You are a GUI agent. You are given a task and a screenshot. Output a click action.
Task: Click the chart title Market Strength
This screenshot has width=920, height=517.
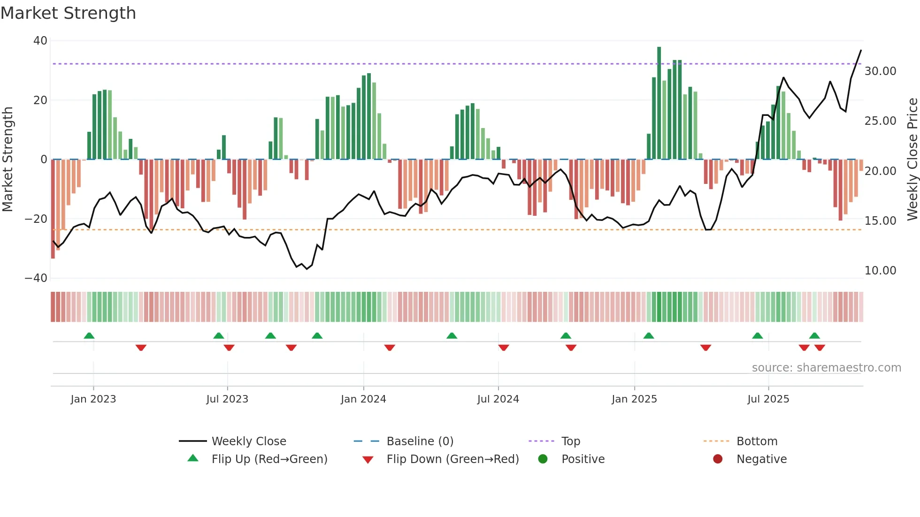point(69,13)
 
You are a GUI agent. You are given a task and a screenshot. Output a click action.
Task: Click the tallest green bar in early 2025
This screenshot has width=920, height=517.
point(659,103)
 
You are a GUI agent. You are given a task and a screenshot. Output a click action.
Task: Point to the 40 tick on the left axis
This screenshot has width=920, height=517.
point(40,41)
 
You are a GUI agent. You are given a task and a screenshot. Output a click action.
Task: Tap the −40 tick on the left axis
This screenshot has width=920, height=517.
point(37,278)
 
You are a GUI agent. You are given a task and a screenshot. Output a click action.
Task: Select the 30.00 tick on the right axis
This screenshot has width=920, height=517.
point(880,71)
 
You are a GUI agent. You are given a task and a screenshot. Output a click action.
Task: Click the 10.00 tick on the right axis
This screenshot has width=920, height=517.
point(880,271)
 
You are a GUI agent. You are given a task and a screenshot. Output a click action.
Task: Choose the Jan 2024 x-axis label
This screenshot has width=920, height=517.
point(363,399)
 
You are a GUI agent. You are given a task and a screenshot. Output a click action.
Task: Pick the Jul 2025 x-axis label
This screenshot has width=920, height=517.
point(768,399)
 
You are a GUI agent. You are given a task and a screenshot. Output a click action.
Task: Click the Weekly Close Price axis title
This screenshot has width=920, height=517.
point(912,160)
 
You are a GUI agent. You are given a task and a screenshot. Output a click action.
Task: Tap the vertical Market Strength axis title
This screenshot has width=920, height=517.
point(8,160)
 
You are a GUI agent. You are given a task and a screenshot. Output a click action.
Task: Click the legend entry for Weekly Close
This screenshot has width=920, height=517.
point(248,441)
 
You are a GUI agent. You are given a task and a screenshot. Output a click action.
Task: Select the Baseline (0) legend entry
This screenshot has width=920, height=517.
point(420,441)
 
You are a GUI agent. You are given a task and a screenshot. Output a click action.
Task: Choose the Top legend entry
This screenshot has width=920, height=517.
point(570,441)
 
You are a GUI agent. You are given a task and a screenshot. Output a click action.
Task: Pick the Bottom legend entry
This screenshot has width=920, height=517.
point(757,441)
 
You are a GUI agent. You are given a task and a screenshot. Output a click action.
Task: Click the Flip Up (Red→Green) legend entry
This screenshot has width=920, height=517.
point(269,459)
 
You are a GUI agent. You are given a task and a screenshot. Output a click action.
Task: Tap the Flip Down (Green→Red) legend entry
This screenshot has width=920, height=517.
point(452,459)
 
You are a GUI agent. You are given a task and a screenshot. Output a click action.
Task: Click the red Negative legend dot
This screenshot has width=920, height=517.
point(718,459)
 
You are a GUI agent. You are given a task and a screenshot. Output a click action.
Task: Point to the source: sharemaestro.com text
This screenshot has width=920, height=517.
point(826,368)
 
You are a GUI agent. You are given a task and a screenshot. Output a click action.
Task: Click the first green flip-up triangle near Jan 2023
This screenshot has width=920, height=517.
point(89,335)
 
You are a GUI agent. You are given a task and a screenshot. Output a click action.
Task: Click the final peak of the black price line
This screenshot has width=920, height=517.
point(861,50)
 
